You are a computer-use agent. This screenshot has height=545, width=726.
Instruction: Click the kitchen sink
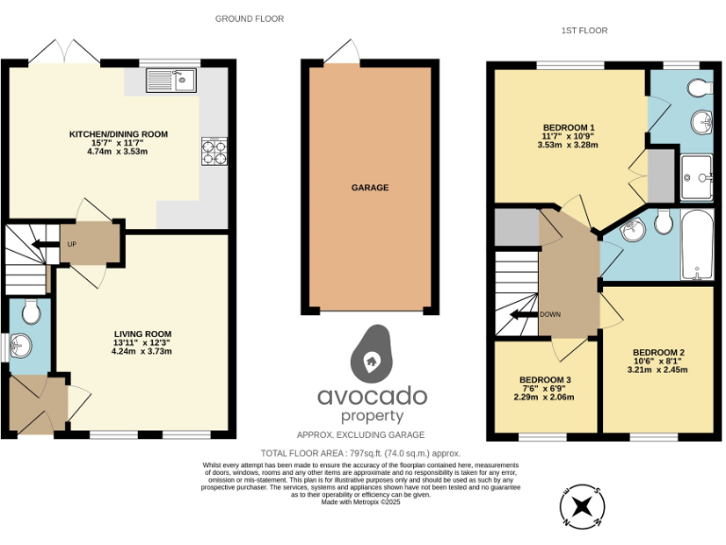170,81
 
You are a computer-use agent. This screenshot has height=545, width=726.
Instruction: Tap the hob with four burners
213,151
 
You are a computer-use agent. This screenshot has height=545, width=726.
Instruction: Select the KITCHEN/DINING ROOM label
118,134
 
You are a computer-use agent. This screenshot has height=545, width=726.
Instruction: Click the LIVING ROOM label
142,334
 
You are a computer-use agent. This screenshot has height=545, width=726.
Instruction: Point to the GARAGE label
370,188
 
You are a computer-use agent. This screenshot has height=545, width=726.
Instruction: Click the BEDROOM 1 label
568,128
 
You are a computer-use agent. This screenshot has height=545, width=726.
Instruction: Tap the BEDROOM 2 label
658,353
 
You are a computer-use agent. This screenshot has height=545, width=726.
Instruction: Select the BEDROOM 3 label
544,380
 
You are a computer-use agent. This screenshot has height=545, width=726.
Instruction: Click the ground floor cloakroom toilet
29,310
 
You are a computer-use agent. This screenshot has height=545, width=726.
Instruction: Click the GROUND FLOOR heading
250,19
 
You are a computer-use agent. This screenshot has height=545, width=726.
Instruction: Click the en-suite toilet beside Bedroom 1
699,88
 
